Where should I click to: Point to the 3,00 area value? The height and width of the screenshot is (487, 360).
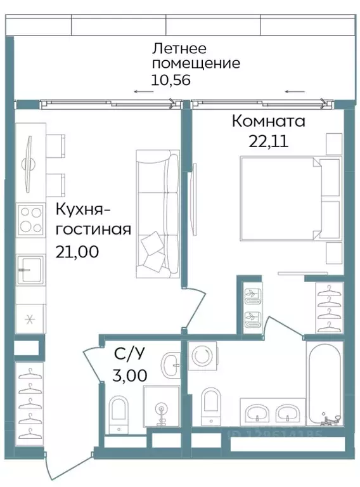point(129,375)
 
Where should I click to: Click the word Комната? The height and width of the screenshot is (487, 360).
point(268,120)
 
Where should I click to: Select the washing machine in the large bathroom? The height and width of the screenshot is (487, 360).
point(203,357)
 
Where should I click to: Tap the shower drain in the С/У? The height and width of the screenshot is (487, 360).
point(161,410)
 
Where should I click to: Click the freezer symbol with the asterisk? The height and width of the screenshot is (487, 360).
point(29,318)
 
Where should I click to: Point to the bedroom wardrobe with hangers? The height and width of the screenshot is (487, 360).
point(328,308)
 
